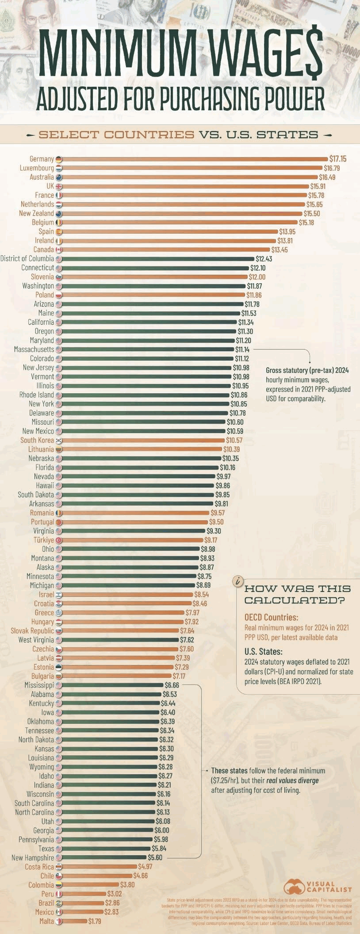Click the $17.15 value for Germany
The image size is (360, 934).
[x=338, y=159]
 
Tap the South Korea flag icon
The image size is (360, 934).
[x=59, y=440]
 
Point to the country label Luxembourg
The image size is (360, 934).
[x=37, y=168]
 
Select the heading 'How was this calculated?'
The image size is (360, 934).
[x=297, y=594]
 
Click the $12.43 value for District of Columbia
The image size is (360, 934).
[x=264, y=259]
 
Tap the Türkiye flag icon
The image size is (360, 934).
[x=59, y=540]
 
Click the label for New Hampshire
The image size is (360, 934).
[x=33, y=858]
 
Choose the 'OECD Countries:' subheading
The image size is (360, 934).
[x=271, y=617]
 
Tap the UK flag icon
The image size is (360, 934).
[x=59, y=186]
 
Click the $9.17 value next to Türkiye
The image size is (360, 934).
[x=211, y=540]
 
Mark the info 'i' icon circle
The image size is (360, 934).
[x=239, y=581]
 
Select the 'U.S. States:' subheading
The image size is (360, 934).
[x=264, y=652]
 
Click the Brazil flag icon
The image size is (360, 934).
[x=59, y=903]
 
